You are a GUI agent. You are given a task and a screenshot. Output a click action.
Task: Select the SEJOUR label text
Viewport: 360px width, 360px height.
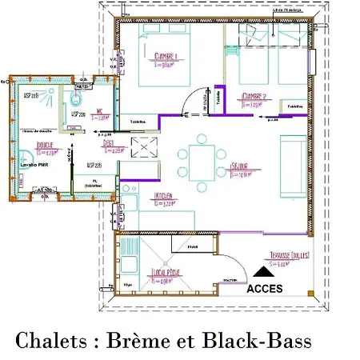pos(239,167)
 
